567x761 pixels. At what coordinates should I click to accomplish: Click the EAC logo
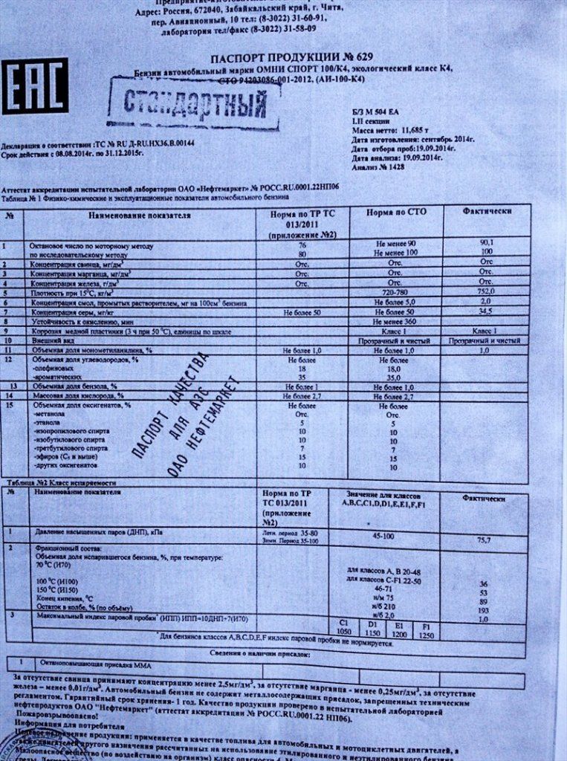35,86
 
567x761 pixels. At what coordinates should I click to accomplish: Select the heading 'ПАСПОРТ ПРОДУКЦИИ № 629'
291,57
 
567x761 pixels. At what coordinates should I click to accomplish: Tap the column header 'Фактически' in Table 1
487,212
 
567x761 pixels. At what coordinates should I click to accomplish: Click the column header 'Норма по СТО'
395,213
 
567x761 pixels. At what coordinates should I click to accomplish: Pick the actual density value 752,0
486,293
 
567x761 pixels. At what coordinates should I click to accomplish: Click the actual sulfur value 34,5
486,312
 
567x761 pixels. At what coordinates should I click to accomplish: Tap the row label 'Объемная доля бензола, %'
74,386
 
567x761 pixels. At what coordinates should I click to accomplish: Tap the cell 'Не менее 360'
395,322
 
